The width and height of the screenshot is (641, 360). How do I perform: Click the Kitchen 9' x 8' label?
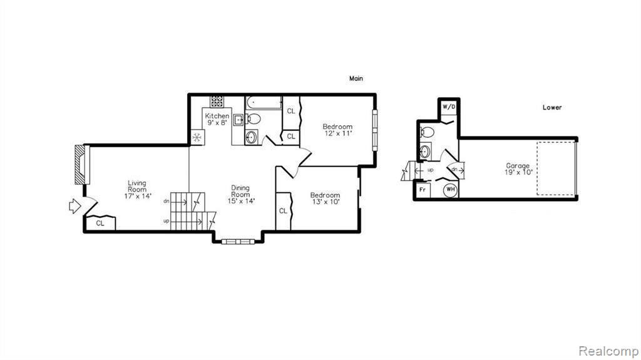coord(217,119)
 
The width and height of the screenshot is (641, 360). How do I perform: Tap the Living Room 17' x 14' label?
coord(137,190)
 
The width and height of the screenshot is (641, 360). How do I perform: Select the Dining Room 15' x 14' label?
coord(241,194)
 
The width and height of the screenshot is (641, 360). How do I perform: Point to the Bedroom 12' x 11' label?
coord(337,130)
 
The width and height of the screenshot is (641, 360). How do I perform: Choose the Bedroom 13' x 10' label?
coord(325,198)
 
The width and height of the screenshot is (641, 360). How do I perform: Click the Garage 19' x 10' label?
coord(518,169)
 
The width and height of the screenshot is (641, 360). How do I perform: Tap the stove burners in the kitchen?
coord(217,101)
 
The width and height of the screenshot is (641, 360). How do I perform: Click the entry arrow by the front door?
coord(74,206)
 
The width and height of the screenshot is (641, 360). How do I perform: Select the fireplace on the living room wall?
coord(81,165)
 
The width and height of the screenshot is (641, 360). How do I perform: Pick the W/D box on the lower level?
coord(449,107)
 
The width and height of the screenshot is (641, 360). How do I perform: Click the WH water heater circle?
coord(451,190)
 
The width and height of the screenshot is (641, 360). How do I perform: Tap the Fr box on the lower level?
coord(423,190)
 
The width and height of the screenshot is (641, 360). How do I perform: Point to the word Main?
coord(356,78)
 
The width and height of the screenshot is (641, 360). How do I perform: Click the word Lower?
coord(552,107)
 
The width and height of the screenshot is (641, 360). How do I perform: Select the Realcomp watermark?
coord(608,351)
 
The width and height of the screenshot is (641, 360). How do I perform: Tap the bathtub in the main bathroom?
coord(264,103)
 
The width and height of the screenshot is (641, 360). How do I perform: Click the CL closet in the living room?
coord(100,223)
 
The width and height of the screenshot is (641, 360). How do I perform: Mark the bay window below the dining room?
coord(238,242)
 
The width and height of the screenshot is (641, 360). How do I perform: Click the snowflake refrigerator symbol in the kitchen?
coord(197,137)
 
